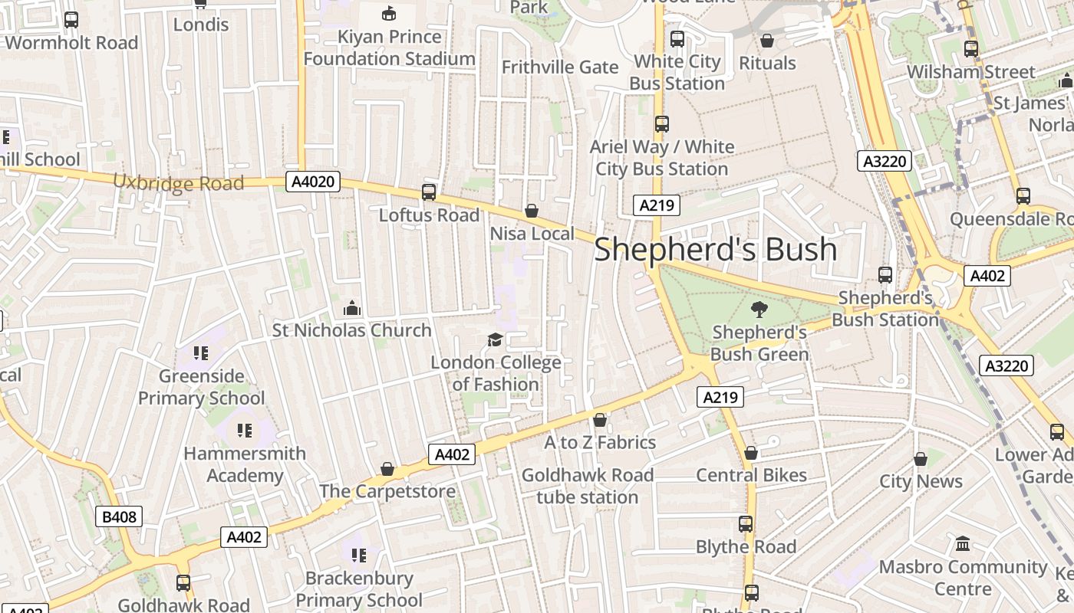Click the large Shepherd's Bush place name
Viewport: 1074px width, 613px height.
pos(715,250)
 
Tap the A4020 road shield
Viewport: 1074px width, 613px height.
pos(313,182)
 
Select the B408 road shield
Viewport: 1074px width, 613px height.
pos(119,516)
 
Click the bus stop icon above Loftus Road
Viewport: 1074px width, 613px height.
pos(429,192)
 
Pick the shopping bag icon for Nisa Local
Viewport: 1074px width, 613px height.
pos(531,211)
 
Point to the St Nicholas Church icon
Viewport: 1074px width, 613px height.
pos(352,308)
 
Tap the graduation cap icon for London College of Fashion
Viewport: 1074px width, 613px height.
pos(496,339)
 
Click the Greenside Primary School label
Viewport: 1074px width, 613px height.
pos(201,387)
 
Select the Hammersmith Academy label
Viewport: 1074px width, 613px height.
pos(245,464)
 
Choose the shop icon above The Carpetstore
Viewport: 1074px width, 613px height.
pos(387,469)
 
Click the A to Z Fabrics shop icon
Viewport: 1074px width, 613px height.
pos(600,420)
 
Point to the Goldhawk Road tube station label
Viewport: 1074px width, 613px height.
pos(588,486)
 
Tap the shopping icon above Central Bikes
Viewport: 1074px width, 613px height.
pos(751,453)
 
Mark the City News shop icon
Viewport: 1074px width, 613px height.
pos(921,459)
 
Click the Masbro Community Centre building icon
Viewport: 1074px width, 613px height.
pos(963,545)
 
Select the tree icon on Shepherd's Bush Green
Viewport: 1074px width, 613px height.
pos(759,310)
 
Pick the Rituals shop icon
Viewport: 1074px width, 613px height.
pos(767,41)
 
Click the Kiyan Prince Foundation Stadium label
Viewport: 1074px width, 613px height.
pos(390,48)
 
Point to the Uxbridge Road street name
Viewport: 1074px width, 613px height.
pos(179,182)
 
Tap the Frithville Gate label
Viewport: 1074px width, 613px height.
pos(560,67)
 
